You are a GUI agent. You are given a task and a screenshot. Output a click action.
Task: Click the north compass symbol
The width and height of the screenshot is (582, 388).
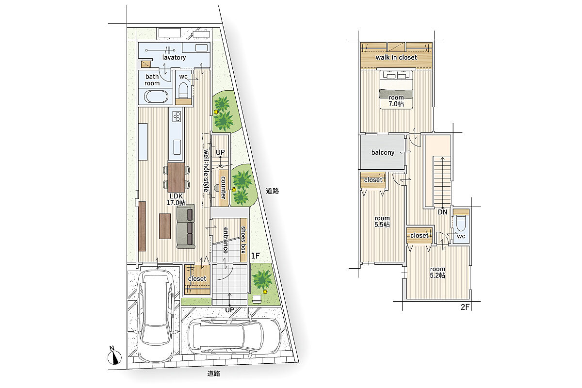point(114,356)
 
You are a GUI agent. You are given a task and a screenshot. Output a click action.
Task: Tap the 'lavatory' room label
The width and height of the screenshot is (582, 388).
point(174,57)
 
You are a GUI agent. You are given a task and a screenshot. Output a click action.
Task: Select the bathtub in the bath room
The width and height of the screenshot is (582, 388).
point(156,97)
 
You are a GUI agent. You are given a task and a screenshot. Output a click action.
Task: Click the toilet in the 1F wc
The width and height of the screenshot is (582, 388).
point(183,90)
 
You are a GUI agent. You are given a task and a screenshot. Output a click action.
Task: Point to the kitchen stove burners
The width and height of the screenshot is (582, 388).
point(177,116)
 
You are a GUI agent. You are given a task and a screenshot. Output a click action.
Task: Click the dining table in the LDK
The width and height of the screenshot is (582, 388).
point(176,178)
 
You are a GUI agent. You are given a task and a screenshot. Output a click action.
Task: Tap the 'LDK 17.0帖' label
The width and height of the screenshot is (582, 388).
point(176,199)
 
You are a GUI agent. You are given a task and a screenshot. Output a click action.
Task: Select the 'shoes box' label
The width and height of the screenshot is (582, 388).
point(243,240)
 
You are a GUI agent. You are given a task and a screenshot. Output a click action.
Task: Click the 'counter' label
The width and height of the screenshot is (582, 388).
point(223,188)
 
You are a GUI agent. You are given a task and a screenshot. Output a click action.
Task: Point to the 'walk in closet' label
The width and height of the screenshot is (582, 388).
point(396,57)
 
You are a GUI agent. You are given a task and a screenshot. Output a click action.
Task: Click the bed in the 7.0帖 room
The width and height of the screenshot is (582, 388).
point(396,89)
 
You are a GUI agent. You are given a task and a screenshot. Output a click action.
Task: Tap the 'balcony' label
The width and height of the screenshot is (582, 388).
point(383,153)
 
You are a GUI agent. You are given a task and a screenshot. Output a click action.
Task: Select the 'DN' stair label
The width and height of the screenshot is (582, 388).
point(442,212)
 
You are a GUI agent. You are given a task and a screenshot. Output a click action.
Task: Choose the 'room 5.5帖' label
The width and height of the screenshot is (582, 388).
point(382,222)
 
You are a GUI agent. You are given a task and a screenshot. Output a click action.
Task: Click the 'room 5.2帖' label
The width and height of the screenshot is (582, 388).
point(437,273)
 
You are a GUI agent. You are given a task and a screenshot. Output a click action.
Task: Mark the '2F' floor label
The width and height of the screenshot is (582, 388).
point(465,307)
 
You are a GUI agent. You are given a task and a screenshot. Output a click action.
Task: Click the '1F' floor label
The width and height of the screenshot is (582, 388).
point(256,256)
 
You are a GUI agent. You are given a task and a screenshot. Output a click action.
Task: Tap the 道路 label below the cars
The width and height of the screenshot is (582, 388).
point(214,374)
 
